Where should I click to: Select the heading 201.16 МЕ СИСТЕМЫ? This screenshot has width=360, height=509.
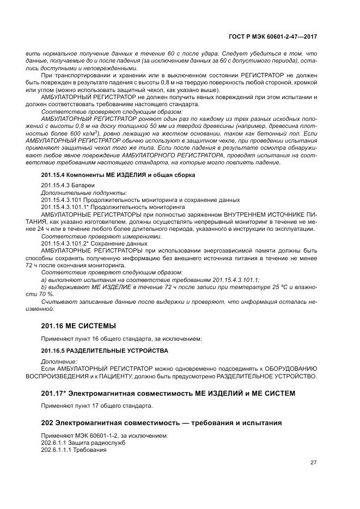pos(78,326)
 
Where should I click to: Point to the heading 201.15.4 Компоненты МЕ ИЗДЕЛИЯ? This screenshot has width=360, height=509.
pos(118,175)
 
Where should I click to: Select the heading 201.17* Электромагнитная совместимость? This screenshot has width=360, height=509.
pos(168,393)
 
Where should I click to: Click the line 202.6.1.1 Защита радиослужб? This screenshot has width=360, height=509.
pos(83,443)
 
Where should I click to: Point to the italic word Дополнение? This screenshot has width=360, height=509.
pos(59,361)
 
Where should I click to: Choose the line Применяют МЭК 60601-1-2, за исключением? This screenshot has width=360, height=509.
pos(105,436)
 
